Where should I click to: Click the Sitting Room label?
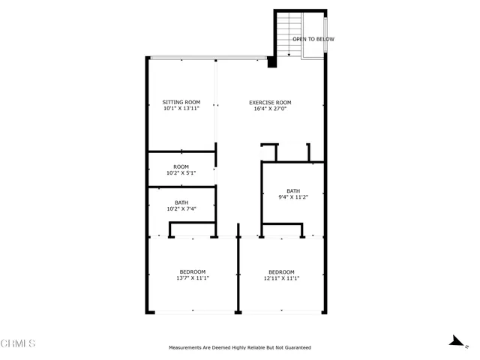[181, 102]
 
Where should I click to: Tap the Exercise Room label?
[270, 102]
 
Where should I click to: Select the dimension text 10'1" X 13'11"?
[181, 109]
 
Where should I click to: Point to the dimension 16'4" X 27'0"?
[270, 109]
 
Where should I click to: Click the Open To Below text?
[313, 39]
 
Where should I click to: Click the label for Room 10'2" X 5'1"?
[181, 166]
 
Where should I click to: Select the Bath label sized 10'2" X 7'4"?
[181, 202]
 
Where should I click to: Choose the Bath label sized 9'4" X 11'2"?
[292, 190]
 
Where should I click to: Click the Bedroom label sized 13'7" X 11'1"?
[192, 271]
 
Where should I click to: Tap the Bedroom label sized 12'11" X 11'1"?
[281, 271]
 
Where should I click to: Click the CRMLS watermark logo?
[18, 343]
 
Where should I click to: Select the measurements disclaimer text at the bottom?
[239, 347]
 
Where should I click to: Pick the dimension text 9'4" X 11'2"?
[292, 197]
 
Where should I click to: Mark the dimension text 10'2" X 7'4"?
[181, 209]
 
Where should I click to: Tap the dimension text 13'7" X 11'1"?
[192, 278]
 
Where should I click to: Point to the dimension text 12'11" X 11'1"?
[281, 278]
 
